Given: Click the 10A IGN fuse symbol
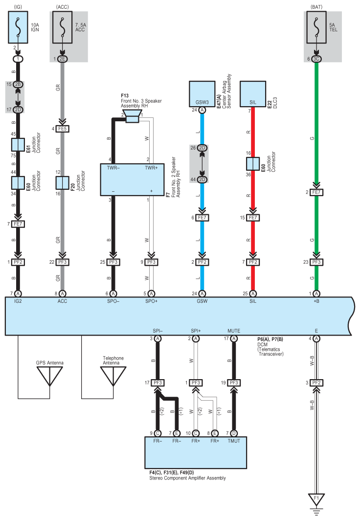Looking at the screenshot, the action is point(18,27).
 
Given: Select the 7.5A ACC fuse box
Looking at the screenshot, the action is point(62,27).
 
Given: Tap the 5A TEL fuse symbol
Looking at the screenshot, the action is point(316,27).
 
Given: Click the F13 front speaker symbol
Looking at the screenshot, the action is point(132,116).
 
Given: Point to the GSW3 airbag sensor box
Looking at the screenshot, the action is point(202,94).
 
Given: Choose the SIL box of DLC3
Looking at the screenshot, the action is point(252,94).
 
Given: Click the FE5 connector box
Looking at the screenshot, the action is point(62,129).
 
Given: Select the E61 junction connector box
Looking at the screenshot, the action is point(18,145).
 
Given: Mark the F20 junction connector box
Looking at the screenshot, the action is point(62,183).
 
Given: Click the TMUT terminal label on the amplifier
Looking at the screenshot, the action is point(234,441).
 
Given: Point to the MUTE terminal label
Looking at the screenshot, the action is point(234,331).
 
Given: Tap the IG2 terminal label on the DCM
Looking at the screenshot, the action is point(18,301).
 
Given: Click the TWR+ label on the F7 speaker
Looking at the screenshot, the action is point(151,168).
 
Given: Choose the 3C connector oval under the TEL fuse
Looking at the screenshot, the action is point(316,59).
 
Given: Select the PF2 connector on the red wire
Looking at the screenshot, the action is point(252,262).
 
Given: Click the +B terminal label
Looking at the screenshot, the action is point(316,301).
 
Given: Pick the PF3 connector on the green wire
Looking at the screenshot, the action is point(316,262).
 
